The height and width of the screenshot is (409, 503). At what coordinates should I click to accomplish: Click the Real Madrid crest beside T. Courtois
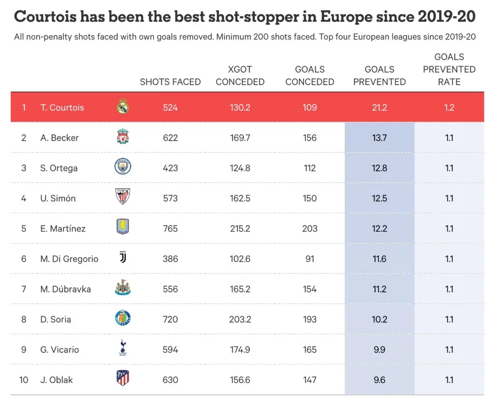[x=123, y=107]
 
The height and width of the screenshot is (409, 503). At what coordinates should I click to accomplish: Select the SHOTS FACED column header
[x=170, y=82]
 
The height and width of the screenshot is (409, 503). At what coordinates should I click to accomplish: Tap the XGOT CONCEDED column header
[x=240, y=76]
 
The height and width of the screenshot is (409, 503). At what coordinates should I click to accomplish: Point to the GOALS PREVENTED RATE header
[x=449, y=69]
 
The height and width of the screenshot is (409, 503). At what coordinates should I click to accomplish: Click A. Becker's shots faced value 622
[x=170, y=138]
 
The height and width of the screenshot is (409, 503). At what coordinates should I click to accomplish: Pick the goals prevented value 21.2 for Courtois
[x=379, y=107]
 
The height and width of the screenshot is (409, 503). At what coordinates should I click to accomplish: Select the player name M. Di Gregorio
[x=69, y=259]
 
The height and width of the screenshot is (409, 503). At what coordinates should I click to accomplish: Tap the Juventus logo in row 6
[x=123, y=258]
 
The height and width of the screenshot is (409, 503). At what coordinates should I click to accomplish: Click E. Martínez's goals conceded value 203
[x=309, y=228]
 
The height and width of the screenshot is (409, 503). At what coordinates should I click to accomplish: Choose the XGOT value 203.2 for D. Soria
[x=240, y=319]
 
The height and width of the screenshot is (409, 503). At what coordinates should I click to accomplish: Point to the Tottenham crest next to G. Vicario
[x=123, y=349]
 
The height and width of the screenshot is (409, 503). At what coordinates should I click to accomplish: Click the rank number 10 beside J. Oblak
[x=24, y=380]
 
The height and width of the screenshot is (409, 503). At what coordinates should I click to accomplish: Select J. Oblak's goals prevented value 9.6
[x=379, y=380]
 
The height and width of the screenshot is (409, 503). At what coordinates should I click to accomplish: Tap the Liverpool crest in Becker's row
[x=123, y=137]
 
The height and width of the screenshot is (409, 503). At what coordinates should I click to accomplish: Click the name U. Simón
[x=58, y=198]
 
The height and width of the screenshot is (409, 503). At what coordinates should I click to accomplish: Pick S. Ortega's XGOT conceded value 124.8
[x=240, y=168]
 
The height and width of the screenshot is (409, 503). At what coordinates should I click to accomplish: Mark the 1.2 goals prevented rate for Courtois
[x=449, y=107]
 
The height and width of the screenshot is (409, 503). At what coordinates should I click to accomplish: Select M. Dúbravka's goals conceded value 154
[x=309, y=289]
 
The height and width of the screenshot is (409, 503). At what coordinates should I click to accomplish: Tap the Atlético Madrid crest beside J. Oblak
[x=123, y=379]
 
